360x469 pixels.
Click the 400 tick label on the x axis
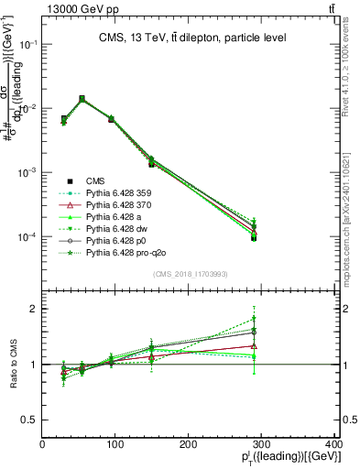[x=335, y=445]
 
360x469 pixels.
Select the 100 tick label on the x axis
[x=116, y=445]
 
